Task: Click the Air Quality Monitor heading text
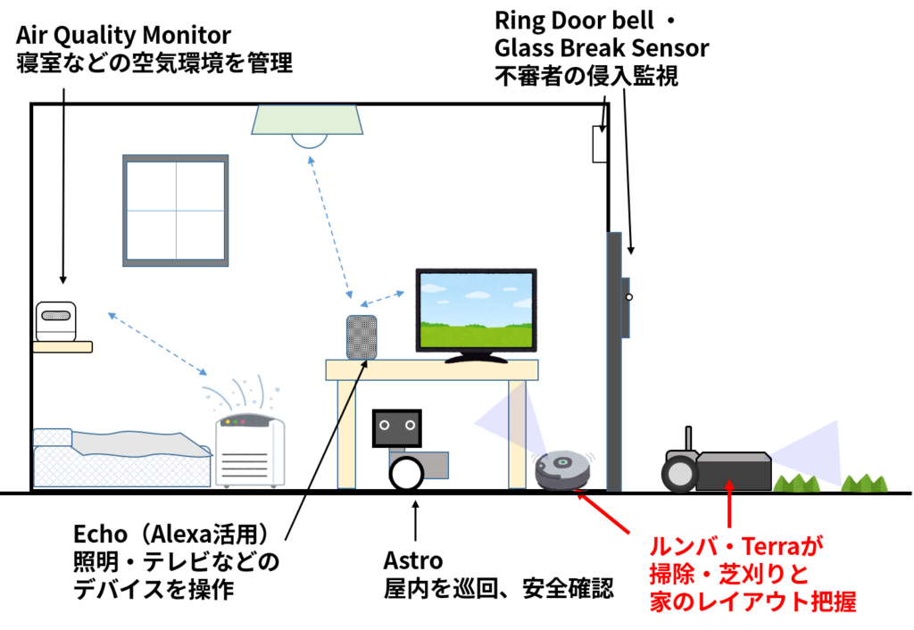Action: [123, 36]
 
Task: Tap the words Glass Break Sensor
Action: [602, 48]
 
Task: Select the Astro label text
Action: [413, 560]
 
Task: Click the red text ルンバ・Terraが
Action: [736, 547]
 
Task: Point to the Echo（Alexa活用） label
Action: [171, 534]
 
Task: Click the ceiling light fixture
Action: [307, 125]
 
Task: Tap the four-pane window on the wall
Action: [176, 211]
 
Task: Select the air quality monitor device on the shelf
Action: [56, 321]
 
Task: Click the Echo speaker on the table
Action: [361, 337]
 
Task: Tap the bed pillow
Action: [53, 437]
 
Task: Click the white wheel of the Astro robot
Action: [406, 473]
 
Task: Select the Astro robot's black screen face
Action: [397, 428]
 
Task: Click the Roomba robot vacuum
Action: [563, 469]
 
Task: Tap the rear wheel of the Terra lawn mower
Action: [679, 473]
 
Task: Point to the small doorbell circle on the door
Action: [629, 297]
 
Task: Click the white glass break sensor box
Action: [600, 144]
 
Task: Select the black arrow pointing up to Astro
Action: [415, 521]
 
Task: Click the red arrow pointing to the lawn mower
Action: [728, 503]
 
